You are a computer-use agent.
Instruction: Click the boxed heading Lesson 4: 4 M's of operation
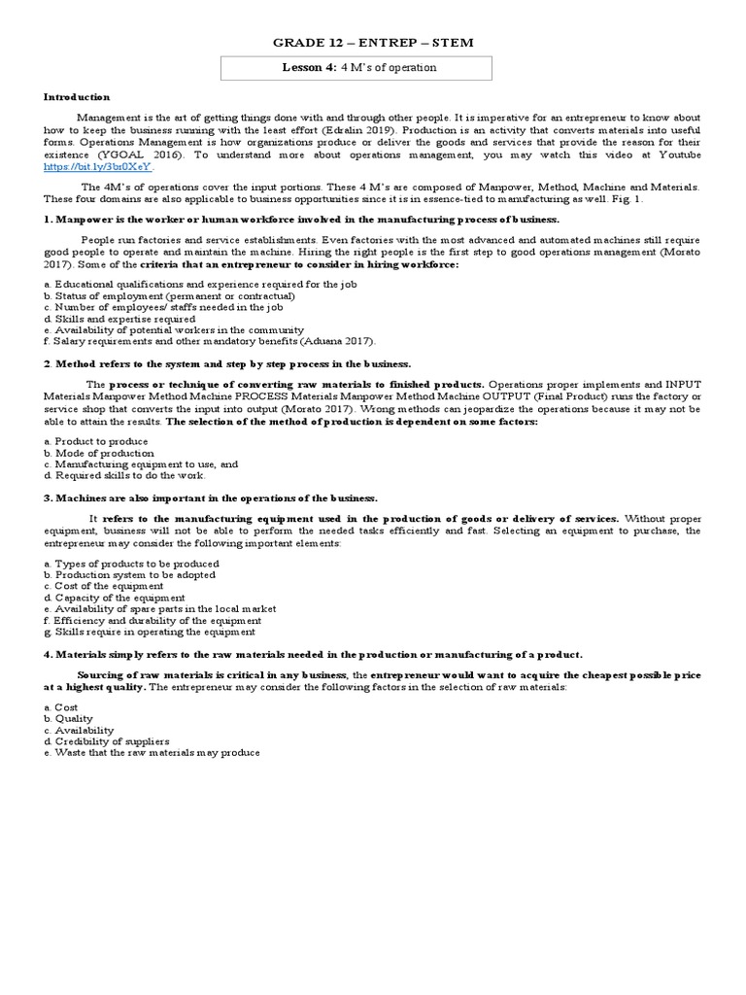356,68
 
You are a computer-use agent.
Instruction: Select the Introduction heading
77,97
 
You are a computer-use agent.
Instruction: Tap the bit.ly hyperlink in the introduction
98,167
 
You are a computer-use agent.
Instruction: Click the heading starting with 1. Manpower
301,220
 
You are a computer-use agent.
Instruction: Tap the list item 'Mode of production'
98,453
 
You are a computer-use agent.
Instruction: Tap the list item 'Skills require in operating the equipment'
150,632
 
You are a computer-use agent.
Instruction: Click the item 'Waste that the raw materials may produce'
152,753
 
